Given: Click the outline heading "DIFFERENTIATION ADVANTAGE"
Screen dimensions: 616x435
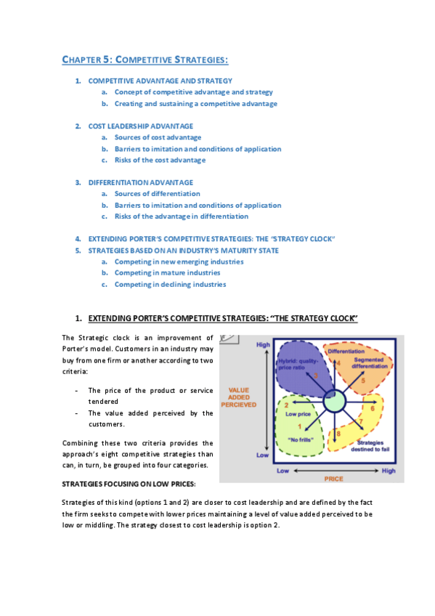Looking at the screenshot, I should (x=140, y=182).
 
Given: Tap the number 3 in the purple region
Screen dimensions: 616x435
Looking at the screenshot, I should (x=316, y=376).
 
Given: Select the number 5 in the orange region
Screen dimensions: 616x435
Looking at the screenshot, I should (x=362, y=381).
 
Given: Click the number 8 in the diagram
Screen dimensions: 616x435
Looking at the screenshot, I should (x=338, y=434).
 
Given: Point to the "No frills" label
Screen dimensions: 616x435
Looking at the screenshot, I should (x=299, y=439).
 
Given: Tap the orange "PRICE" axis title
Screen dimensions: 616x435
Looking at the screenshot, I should (x=333, y=479).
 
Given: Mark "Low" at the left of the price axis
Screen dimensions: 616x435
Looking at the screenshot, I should (x=285, y=471).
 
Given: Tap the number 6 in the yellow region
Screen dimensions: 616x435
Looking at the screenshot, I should (x=373, y=408).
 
